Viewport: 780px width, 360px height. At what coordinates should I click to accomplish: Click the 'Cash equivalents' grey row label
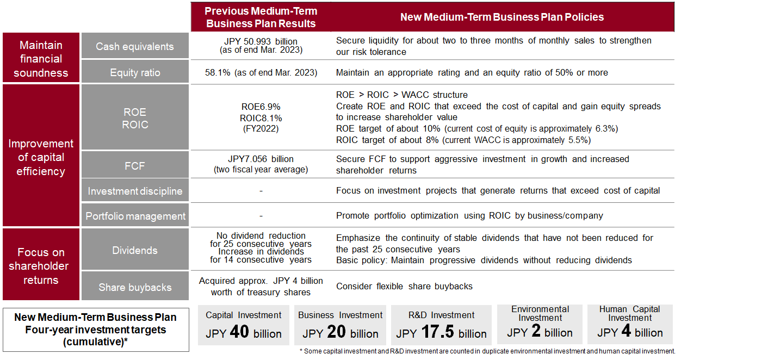(x=135, y=46)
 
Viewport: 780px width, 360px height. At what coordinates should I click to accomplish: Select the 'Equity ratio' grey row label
(x=135, y=72)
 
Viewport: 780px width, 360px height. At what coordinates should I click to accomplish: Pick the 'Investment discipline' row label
(x=135, y=190)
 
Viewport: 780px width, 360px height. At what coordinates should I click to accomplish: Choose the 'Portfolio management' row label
(x=135, y=215)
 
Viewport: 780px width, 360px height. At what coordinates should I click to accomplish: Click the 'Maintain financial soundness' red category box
(x=41, y=58)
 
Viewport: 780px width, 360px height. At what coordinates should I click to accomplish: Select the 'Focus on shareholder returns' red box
(x=41, y=264)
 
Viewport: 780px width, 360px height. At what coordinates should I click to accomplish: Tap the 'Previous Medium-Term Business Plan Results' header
(x=261, y=17)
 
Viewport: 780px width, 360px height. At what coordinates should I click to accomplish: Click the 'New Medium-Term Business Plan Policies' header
(x=502, y=17)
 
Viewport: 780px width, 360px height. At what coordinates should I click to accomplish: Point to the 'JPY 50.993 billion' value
(x=261, y=41)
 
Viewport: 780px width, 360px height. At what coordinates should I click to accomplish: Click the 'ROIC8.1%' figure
(x=261, y=119)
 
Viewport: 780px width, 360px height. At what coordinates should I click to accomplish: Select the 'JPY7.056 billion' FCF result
(x=261, y=159)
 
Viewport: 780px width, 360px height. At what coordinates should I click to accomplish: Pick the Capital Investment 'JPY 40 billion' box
(x=243, y=325)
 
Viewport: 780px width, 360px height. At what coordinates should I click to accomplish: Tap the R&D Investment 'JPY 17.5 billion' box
(x=441, y=325)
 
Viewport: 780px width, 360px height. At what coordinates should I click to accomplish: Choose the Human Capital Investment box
(x=630, y=324)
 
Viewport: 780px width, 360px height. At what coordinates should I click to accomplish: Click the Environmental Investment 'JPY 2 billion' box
(x=540, y=324)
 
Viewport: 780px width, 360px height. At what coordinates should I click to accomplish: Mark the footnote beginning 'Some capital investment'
(x=487, y=351)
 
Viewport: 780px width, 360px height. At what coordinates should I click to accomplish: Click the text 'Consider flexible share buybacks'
(x=404, y=286)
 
